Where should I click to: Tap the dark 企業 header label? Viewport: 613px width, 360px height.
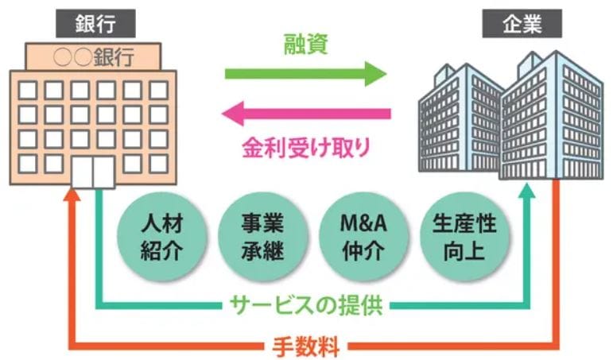522,24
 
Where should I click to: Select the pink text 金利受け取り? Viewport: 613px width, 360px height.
306,145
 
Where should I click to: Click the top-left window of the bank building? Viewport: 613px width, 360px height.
26,87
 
